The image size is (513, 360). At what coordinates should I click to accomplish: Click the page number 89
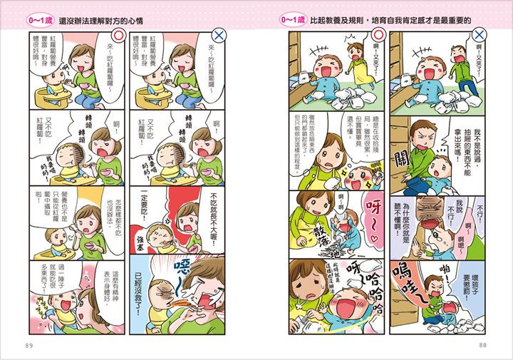[x=29, y=346]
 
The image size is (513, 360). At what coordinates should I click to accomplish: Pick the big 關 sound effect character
[x=400, y=158]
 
